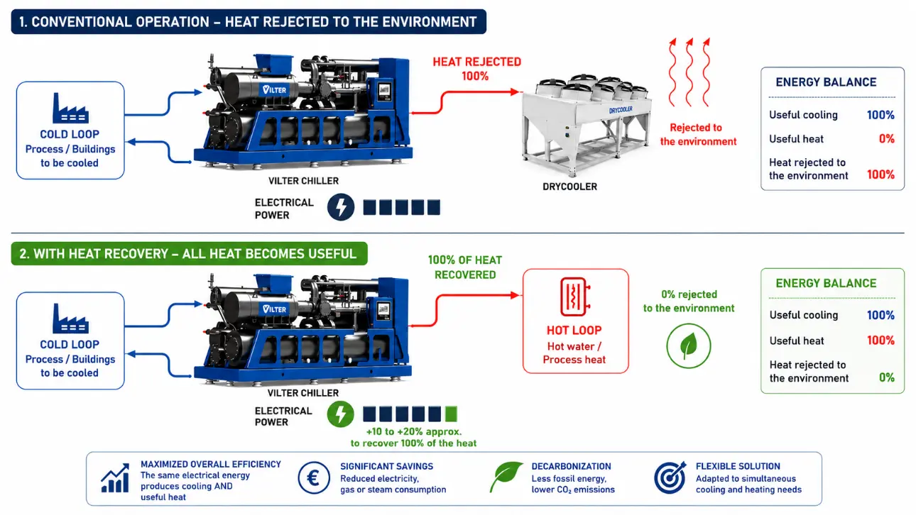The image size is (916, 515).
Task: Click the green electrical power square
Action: click(x=451, y=414)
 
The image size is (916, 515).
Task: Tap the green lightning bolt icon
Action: click(x=340, y=414)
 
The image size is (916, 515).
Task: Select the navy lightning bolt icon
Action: click(x=341, y=207)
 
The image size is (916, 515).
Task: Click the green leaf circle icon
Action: click(x=689, y=346)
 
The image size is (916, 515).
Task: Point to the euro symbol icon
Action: click(x=314, y=478)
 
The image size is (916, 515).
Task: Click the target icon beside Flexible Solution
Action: click(x=670, y=477)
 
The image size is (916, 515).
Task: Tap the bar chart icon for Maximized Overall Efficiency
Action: click(x=115, y=478)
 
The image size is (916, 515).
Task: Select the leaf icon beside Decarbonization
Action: click(x=506, y=477)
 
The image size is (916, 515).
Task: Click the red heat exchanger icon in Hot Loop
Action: click(x=575, y=297)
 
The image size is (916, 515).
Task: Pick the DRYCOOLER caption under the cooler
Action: click(x=569, y=187)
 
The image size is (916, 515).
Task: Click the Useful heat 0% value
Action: click(x=887, y=139)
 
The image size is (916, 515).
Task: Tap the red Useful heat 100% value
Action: click(x=880, y=340)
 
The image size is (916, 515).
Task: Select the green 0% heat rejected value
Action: click(x=887, y=377)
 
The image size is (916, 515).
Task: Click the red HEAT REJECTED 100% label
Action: click(x=476, y=69)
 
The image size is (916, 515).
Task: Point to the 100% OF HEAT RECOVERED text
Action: click(x=465, y=267)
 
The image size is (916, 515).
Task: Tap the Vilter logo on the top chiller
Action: click(x=274, y=89)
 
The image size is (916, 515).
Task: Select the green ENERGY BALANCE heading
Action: click(x=826, y=284)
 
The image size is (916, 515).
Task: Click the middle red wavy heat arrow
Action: click(x=689, y=72)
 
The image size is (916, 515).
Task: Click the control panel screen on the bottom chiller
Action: click(x=383, y=309)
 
